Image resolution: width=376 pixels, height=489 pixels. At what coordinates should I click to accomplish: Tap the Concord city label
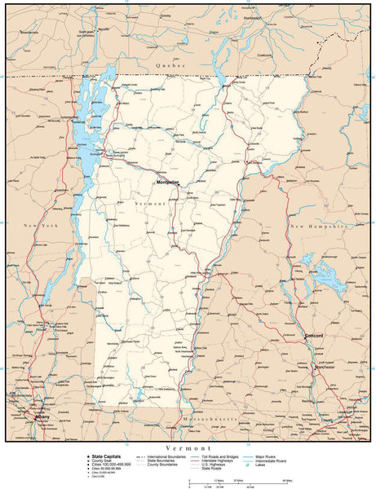[314, 336]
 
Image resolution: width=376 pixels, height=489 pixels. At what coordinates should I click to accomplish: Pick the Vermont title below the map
[188, 448]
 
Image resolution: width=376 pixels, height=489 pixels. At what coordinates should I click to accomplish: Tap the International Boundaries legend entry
[167, 459]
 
